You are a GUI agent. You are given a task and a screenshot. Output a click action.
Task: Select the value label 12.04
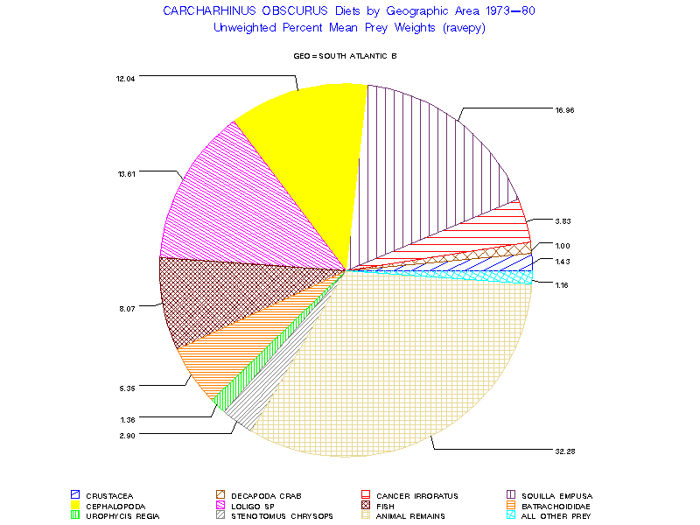pos(125,78)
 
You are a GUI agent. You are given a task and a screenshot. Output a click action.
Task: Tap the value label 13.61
pos(126,173)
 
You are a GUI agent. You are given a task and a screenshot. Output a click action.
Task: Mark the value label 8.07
pos(126,307)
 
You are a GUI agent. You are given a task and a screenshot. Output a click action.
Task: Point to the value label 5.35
pos(126,386)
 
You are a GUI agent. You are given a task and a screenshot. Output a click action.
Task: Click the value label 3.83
pos(563,220)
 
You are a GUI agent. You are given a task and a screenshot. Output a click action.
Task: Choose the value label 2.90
pos(126,434)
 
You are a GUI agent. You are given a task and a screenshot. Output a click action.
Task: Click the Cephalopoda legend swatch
pos(75,506)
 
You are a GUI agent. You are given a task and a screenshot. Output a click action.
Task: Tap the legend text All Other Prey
pos(556,516)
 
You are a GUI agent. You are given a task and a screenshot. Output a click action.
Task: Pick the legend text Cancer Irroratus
pos(417,496)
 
